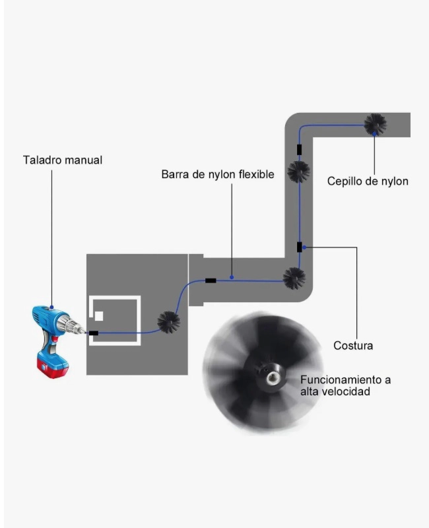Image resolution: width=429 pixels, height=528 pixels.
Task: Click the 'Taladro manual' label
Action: (63, 160)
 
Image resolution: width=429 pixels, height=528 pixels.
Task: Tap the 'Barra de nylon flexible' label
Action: (218, 174)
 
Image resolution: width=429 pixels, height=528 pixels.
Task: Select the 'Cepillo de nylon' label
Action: (368, 181)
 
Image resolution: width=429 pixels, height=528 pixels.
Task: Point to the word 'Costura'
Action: (353, 345)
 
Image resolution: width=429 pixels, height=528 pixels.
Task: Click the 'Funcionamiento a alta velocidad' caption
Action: (345, 385)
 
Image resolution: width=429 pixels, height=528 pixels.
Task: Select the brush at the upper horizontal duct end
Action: (375, 125)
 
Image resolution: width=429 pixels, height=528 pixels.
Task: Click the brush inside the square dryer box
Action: (169, 322)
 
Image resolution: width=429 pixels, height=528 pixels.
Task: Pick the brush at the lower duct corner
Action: (294, 278)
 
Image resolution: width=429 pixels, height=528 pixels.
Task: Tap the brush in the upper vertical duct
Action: (299, 172)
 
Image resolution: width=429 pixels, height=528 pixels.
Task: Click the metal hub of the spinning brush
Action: (272, 378)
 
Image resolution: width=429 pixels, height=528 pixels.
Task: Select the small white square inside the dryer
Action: (98, 316)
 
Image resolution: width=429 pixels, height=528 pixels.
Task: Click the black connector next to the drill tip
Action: (94, 333)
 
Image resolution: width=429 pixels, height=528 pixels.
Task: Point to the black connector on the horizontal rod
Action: (211, 280)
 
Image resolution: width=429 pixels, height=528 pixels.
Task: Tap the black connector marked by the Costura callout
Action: (300, 247)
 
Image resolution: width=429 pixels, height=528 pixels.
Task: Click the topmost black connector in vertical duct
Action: (299, 150)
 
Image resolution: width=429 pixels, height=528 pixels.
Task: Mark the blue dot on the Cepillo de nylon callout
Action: (374, 134)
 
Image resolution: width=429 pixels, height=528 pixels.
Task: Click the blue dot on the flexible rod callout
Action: (232, 277)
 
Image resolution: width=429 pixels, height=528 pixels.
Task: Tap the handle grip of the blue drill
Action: (47, 341)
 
